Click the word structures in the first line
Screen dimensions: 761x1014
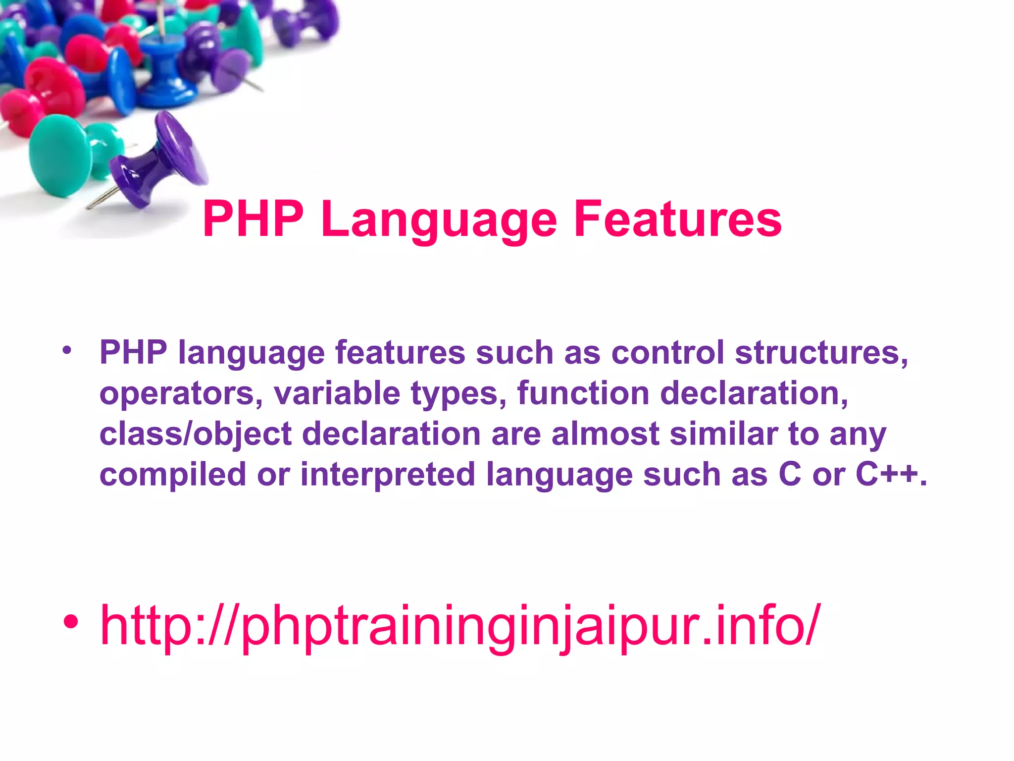click(x=821, y=352)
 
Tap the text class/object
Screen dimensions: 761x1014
click(x=196, y=434)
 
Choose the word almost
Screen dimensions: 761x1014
click(x=605, y=434)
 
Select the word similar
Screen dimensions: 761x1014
click(x=723, y=434)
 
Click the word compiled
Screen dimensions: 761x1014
click(x=173, y=475)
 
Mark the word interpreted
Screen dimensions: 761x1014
click(x=388, y=475)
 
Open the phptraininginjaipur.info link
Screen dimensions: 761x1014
click(x=460, y=625)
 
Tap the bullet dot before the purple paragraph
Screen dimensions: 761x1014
click(x=67, y=351)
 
